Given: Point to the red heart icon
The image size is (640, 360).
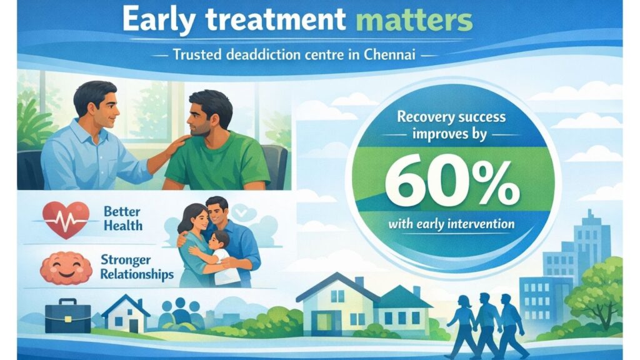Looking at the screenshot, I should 61,219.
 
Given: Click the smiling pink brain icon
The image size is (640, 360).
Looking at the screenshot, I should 61,268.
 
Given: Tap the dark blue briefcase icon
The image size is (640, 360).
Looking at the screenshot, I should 68,317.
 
